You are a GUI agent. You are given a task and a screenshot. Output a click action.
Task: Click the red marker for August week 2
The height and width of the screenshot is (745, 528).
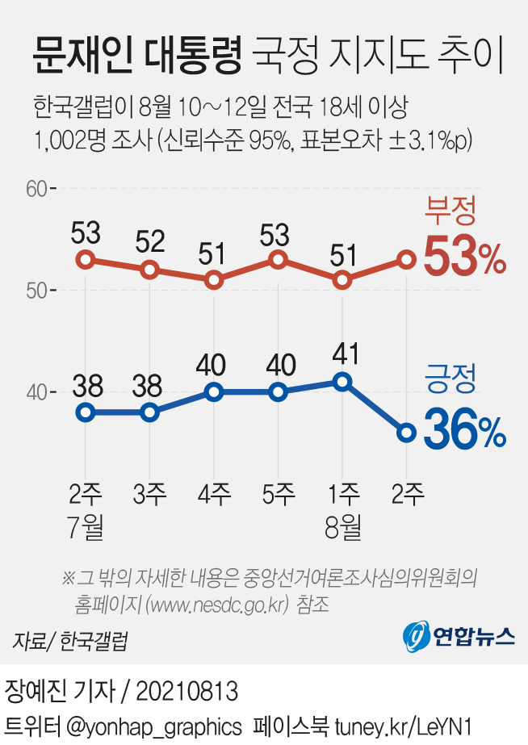tap(406, 260)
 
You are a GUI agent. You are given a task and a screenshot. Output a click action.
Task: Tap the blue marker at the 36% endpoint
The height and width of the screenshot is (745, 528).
tap(406, 433)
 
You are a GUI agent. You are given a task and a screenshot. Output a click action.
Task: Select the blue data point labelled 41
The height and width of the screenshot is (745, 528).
tap(342, 382)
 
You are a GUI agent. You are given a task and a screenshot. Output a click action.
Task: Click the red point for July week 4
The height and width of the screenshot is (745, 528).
tap(214, 280)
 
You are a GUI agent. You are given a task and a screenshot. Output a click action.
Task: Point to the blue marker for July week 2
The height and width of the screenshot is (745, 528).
tap(86, 412)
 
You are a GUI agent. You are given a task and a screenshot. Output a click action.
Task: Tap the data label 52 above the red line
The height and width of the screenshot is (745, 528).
tap(149, 241)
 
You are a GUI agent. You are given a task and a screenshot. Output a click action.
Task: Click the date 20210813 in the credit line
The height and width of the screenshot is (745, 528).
tap(186, 691)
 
